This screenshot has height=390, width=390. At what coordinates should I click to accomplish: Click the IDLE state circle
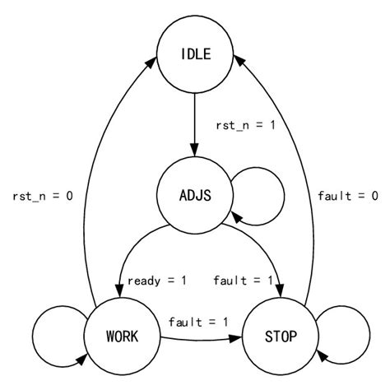point(195,55)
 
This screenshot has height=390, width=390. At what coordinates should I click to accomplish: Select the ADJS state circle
point(195,195)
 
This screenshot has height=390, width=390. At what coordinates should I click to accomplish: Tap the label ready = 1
point(157,281)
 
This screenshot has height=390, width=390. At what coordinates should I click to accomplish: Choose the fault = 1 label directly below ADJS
point(243,281)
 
